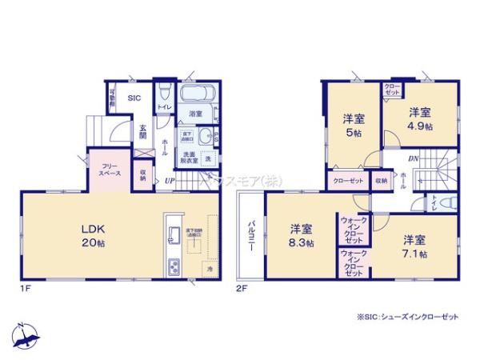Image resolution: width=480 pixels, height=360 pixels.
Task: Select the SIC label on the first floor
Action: pos(135,98)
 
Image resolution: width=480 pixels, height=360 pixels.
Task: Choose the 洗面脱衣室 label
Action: pos(189,157)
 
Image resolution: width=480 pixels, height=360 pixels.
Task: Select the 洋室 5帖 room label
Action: pos(354,126)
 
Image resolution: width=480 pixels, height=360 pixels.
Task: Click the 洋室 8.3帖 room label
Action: pos(302,238)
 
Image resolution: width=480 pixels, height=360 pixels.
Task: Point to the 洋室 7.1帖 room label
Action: pos(414,246)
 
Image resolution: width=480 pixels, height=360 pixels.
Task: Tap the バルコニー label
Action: pos(250,234)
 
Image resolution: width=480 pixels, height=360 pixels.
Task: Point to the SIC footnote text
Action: pos(409,317)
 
